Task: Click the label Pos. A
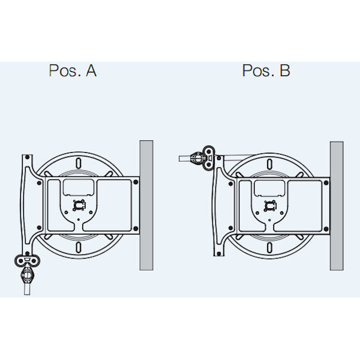(x=73, y=70)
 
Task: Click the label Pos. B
(x=266, y=70)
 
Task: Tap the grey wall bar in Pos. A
(x=146, y=205)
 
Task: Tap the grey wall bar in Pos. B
(x=337, y=206)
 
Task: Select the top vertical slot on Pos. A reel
(x=79, y=163)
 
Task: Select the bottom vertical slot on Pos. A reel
(x=79, y=247)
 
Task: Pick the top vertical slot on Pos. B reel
(x=270, y=164)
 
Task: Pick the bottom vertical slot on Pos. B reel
(x=270, y=248)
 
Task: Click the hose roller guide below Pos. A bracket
(x=28, y=261)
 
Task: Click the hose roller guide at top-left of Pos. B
(x=209, y=158)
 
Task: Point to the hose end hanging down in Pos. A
(x=27, y=290)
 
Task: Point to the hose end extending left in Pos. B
(x=184, y=158)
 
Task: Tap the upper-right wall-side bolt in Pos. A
(x=136, y=182)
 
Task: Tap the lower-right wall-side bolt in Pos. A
(x=136, y=229)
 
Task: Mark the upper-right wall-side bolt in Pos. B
(x=326, y=183)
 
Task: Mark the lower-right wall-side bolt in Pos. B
(x=326, y=229)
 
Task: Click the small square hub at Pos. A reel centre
(x=79, y=205)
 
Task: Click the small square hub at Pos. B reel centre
(x=270, y=206)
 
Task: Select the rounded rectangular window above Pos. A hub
(x=79, y=188)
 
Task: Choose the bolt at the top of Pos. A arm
(x=27, y=157)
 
